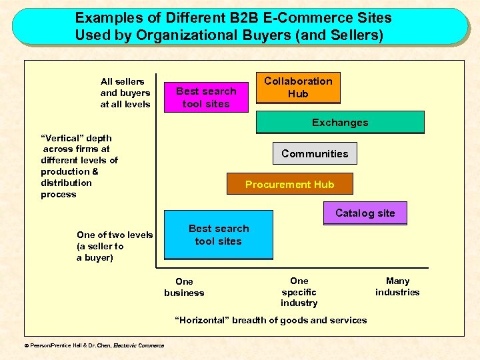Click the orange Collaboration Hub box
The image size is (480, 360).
pyautogui.click(x=298, y=88)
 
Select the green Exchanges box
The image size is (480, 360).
pyautogui.click(x=340, y=123)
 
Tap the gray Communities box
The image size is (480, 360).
pyautogui.click(x=315, y=154)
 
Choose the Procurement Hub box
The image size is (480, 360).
pyautogui.click(x=289, y=184)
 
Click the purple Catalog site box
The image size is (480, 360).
pyautogui.click(x=365, y=213)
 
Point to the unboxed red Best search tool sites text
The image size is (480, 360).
pyautogui.click(x=205, y=97)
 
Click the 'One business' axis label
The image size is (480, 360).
pyautogui.click(x=184, y=287)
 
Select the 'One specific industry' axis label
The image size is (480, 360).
pyautogui.click(x=299, y=292)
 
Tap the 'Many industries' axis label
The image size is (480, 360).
pyautogui.click(x=397, y=287)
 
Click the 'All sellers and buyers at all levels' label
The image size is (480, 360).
pyautogui.click(x=125, y=93)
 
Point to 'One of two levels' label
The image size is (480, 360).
pyautogui.click(x=115, y=235)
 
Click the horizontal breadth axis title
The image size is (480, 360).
pyautogui.click(x=271, y=320)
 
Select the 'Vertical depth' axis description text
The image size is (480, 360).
pyautogui.click(x=79, y=166)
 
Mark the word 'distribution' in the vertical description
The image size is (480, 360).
pyautogui.click(x=66, y=183)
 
